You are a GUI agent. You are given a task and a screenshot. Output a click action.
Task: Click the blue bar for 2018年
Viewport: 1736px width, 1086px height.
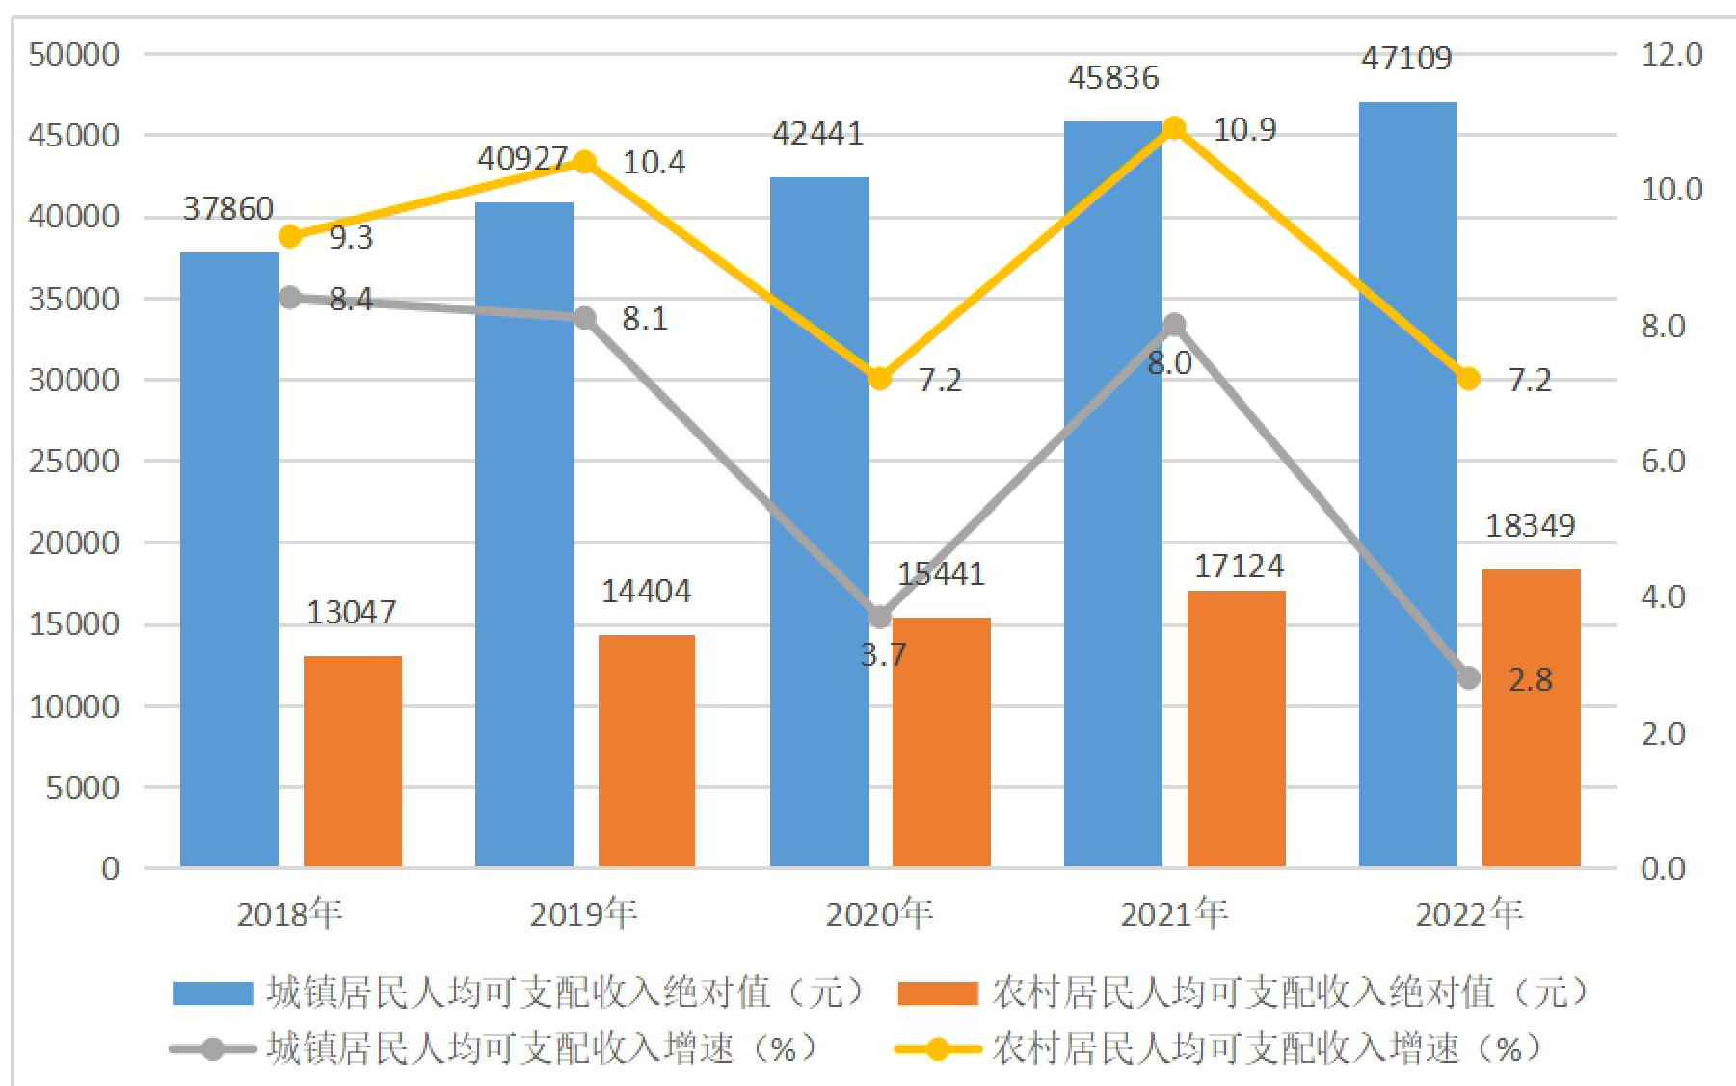[x=229, y=560]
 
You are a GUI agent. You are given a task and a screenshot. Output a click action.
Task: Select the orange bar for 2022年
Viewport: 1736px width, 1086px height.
[x=1531, y=718]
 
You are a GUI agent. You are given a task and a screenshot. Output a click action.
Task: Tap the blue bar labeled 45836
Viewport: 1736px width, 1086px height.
[x=1113, y=494]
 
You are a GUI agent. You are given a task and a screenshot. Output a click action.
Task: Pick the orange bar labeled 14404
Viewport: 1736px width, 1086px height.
[x=647, y=751]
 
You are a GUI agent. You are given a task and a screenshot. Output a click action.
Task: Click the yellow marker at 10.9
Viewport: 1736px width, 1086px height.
[x=1173, y=128]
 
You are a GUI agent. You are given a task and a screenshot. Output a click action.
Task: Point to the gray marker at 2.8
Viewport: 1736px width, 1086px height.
[x=1468, y=678]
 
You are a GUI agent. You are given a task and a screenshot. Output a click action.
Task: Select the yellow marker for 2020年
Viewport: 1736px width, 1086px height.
[x=879, y=379]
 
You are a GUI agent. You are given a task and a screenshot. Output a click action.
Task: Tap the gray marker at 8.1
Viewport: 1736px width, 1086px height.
[x=584, y=318]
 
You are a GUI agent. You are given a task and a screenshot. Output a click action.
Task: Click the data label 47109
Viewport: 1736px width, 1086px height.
[x=1406, y=59]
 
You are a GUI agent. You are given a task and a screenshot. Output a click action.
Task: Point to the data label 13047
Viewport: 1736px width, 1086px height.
[x=351, y=613]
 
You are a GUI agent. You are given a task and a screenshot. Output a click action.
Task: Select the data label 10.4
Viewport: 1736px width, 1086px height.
[x=654, y=163]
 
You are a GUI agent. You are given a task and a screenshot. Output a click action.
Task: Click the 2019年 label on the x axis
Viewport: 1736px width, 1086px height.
[x=584, y=914]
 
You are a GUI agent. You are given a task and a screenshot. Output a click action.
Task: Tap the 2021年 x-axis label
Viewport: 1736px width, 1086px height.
[x=1174, y=914]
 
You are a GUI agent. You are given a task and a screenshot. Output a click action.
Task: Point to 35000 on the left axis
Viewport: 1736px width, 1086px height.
[x=74, y=299]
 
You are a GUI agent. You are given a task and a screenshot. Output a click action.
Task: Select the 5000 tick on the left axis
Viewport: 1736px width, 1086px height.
[x=83, y=788]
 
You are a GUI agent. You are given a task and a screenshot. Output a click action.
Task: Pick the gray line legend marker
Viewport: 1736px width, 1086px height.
[x=213, y=1048]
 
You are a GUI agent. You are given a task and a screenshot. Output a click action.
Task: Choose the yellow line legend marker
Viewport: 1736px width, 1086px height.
[x=937, y=1048]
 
